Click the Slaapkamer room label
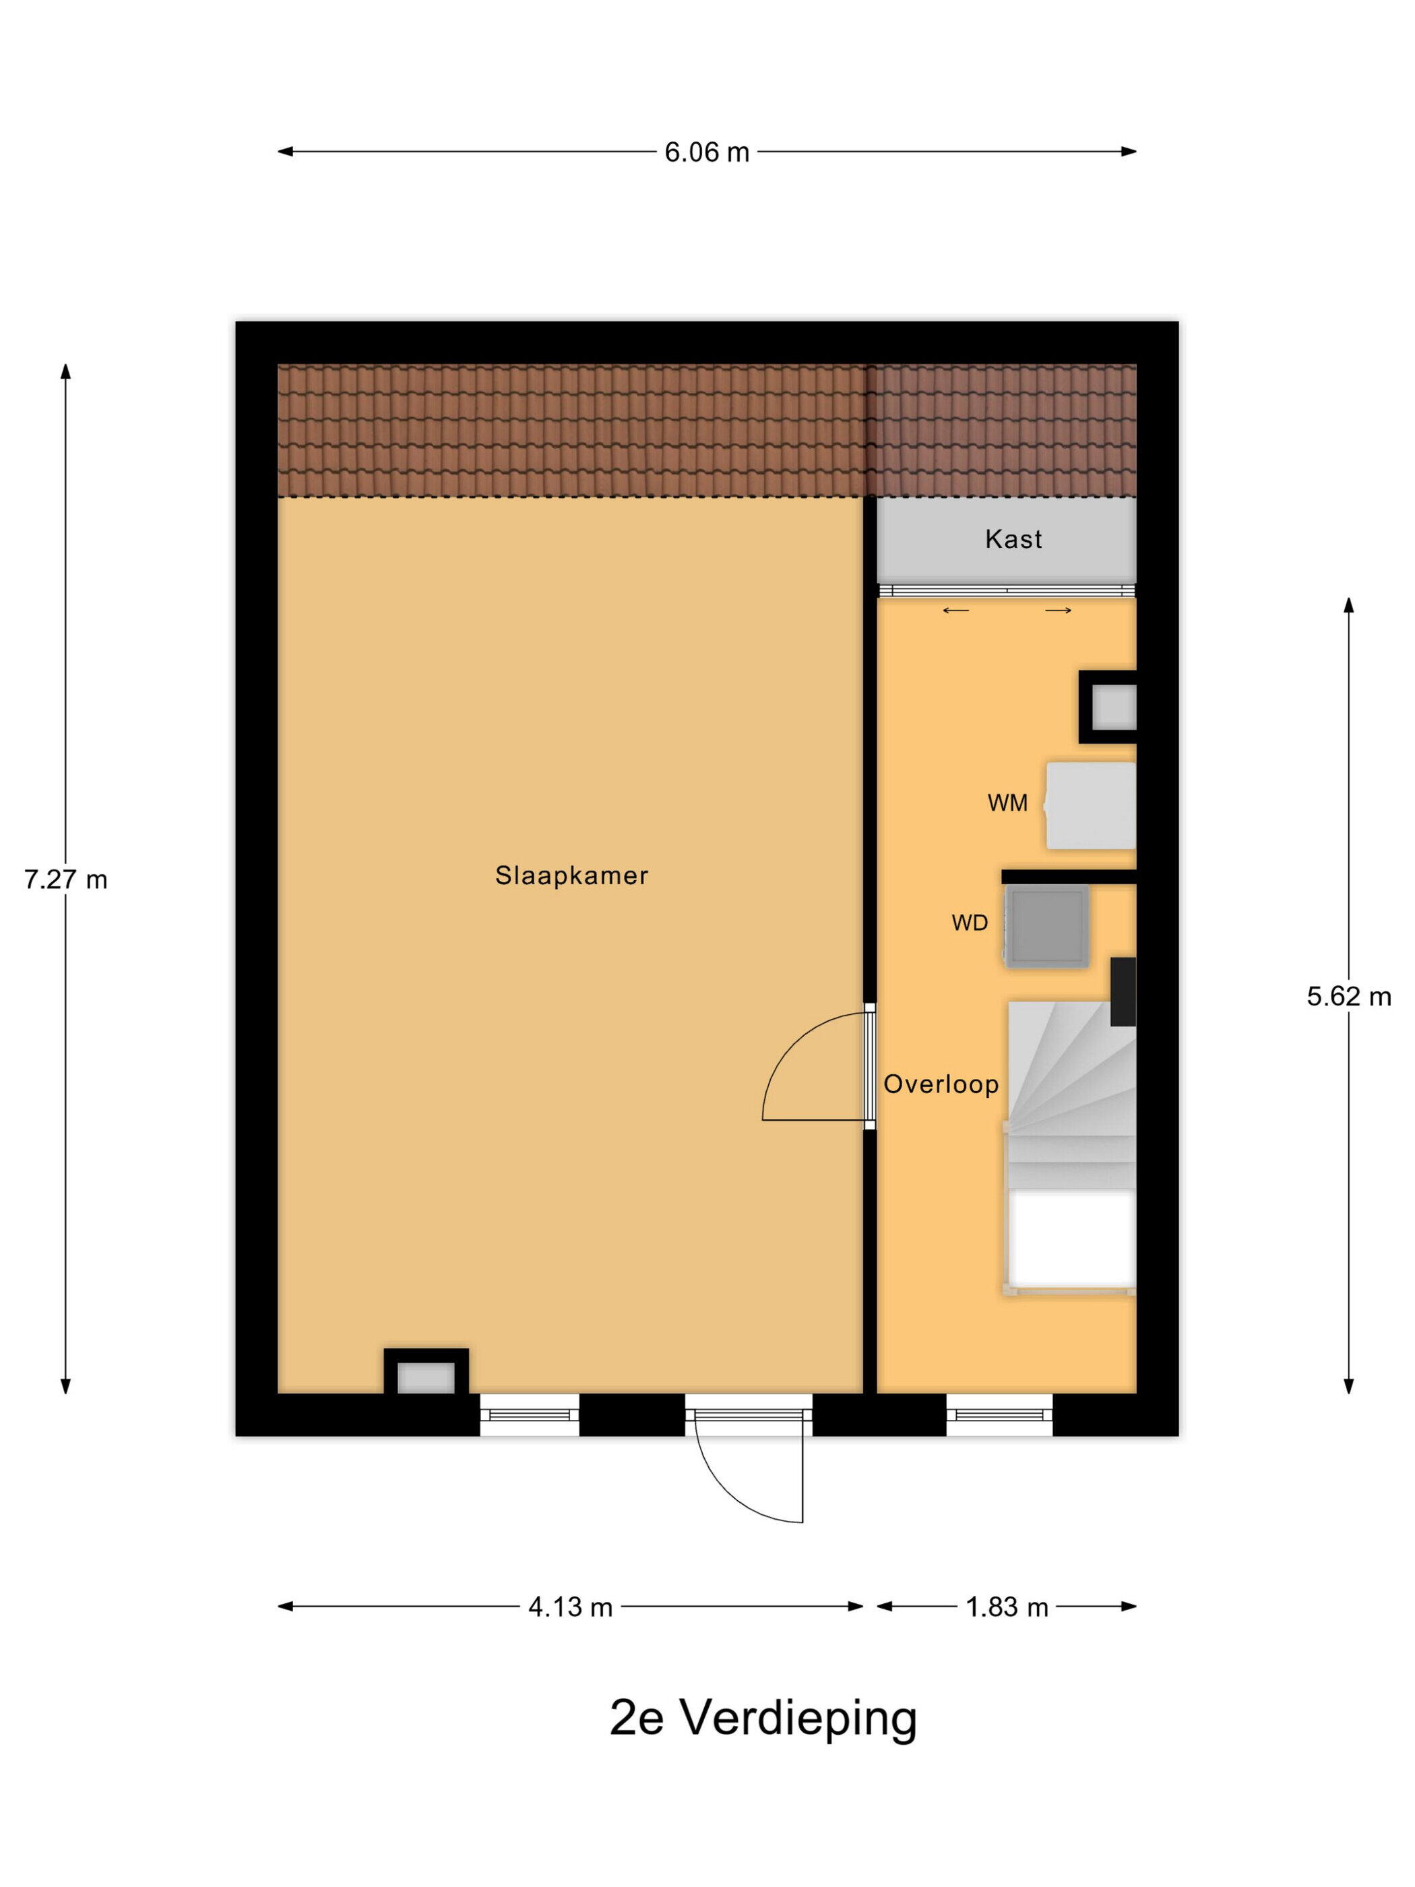point(571,875)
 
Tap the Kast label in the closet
point(1013,539)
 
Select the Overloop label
point(941,1084)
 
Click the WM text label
point(1007,803)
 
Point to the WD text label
point(970,923)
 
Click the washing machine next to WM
point(1091,805)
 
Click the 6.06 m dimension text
point(707,152)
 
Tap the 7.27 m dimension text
point(65,879)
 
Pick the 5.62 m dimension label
point(1348,996)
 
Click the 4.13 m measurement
point(571,1607)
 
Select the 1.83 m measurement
point(1007,1607)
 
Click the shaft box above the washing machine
point(1108,707)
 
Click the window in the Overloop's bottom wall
point(1000,1415)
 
